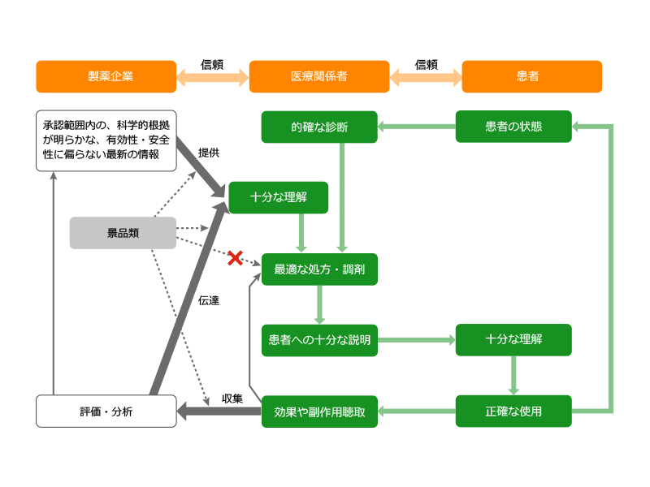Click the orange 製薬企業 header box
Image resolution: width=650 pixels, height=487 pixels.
(x=106, y=76)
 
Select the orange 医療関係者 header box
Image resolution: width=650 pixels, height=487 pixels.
(x=319, y=76)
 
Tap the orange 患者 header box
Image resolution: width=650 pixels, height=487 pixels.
(x=532, y=76)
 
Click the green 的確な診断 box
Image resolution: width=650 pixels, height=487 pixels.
(x=319, y=127)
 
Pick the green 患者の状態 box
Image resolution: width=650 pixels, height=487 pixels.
(x=513, y=127)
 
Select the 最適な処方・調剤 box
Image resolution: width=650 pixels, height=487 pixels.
(x=319, y=269)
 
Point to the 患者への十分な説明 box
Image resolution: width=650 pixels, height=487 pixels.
(x=319, y=340)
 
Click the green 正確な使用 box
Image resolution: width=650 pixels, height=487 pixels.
(x=513, y=412)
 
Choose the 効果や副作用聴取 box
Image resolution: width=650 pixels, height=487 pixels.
(x=319, y=412)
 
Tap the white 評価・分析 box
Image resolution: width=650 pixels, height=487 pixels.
(x=106, y=412)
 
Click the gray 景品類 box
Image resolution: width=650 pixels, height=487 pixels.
(x=123, y=233)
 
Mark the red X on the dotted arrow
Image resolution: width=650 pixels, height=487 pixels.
(x=235, y=258)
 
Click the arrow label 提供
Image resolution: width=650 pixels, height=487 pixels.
(x=209, y=153)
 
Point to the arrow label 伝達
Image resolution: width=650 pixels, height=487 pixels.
(x=209, y=300)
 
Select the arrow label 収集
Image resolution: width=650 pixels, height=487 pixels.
(x=232, y=399)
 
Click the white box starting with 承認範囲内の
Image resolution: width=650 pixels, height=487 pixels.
(x=106, y=140)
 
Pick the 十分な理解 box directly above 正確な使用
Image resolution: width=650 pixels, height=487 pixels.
(x=513, y=340)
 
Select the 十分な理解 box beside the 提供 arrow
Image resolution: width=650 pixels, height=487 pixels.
(x=279, y=197)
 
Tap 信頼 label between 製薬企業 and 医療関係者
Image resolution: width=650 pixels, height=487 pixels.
(x=212, y=65)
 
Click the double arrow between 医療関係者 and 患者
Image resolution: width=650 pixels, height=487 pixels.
(x=426, y=77)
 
